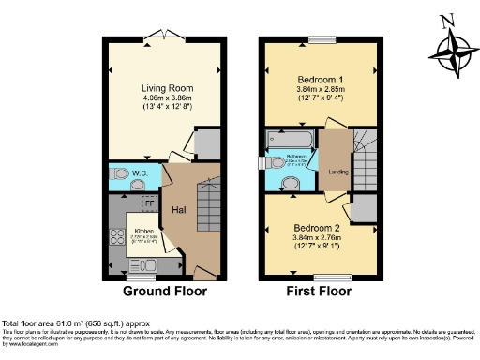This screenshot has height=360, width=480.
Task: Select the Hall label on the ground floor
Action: click(180, 209)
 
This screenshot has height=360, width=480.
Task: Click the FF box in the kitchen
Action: click(147, 202)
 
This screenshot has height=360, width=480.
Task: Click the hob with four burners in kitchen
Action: click(118, 236)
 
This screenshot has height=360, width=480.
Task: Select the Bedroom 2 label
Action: click(320, 228)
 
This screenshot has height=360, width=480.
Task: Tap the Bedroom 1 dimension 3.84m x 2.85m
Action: click(320, 92)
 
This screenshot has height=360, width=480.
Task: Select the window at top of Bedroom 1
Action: click(322, 39)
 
